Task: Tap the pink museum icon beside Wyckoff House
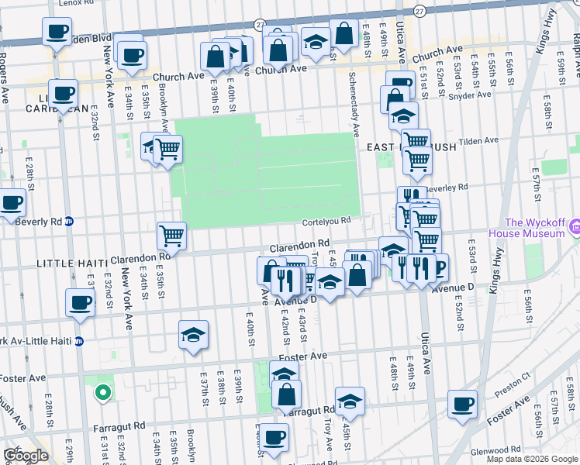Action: click(574, 226)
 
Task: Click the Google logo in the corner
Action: click(27, 456)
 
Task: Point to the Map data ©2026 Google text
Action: click(532, 459)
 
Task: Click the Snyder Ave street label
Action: click(472, 95)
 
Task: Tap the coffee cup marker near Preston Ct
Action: click(463, 402)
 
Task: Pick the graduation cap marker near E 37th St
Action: click(193, 334)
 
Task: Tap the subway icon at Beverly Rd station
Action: click(68, 221)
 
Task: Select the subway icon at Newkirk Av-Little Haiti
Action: click(78, 341)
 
